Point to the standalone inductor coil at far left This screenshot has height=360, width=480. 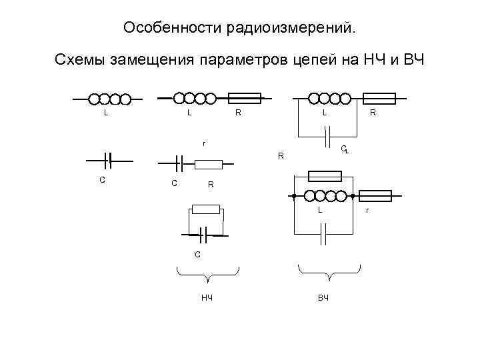click(x=109, y=99)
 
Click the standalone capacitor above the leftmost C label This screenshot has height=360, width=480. click(x=108, y=160)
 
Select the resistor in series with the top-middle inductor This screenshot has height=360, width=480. click(x=239, y=99)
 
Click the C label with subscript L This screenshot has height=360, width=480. click(x=344, y=149)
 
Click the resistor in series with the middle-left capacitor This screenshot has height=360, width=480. click(x=209, y=164)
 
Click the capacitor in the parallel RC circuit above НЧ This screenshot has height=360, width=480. click(x=205, y=234)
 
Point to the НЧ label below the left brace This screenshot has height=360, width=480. click(x=207, y=296)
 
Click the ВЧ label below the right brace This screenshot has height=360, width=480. click(x=323, y=296)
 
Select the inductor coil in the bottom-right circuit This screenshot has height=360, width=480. click(x=326, y=196)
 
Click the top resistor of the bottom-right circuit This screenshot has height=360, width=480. click(x=325, y=176)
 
